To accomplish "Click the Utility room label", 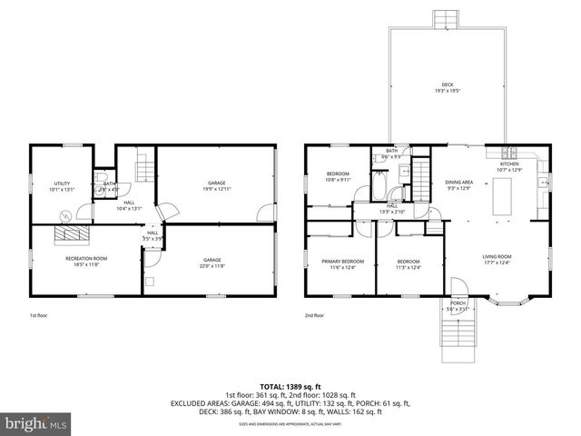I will pos(62,186).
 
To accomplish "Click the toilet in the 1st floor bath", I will pos(103,178).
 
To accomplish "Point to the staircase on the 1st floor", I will pos(144,169).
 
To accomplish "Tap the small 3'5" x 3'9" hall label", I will pos(153,236).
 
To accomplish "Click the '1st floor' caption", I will pos(38,316).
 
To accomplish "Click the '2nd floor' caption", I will pos(315,316).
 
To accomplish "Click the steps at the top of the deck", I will pos(443,20).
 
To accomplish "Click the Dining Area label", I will pos(458,185).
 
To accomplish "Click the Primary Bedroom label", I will pos(341,263).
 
